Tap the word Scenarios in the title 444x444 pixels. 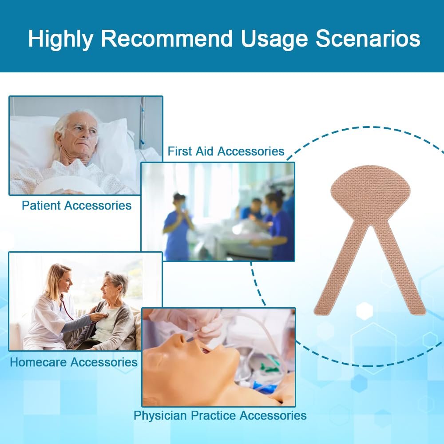pos(368,38)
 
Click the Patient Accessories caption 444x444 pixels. pos(76,205)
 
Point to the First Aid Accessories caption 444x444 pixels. pos(226,151)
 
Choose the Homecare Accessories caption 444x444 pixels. pos(74,362)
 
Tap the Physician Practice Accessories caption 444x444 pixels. pos(220,416)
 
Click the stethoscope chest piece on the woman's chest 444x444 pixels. pos(105,315)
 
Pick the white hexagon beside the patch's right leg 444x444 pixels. pos(365,311)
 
